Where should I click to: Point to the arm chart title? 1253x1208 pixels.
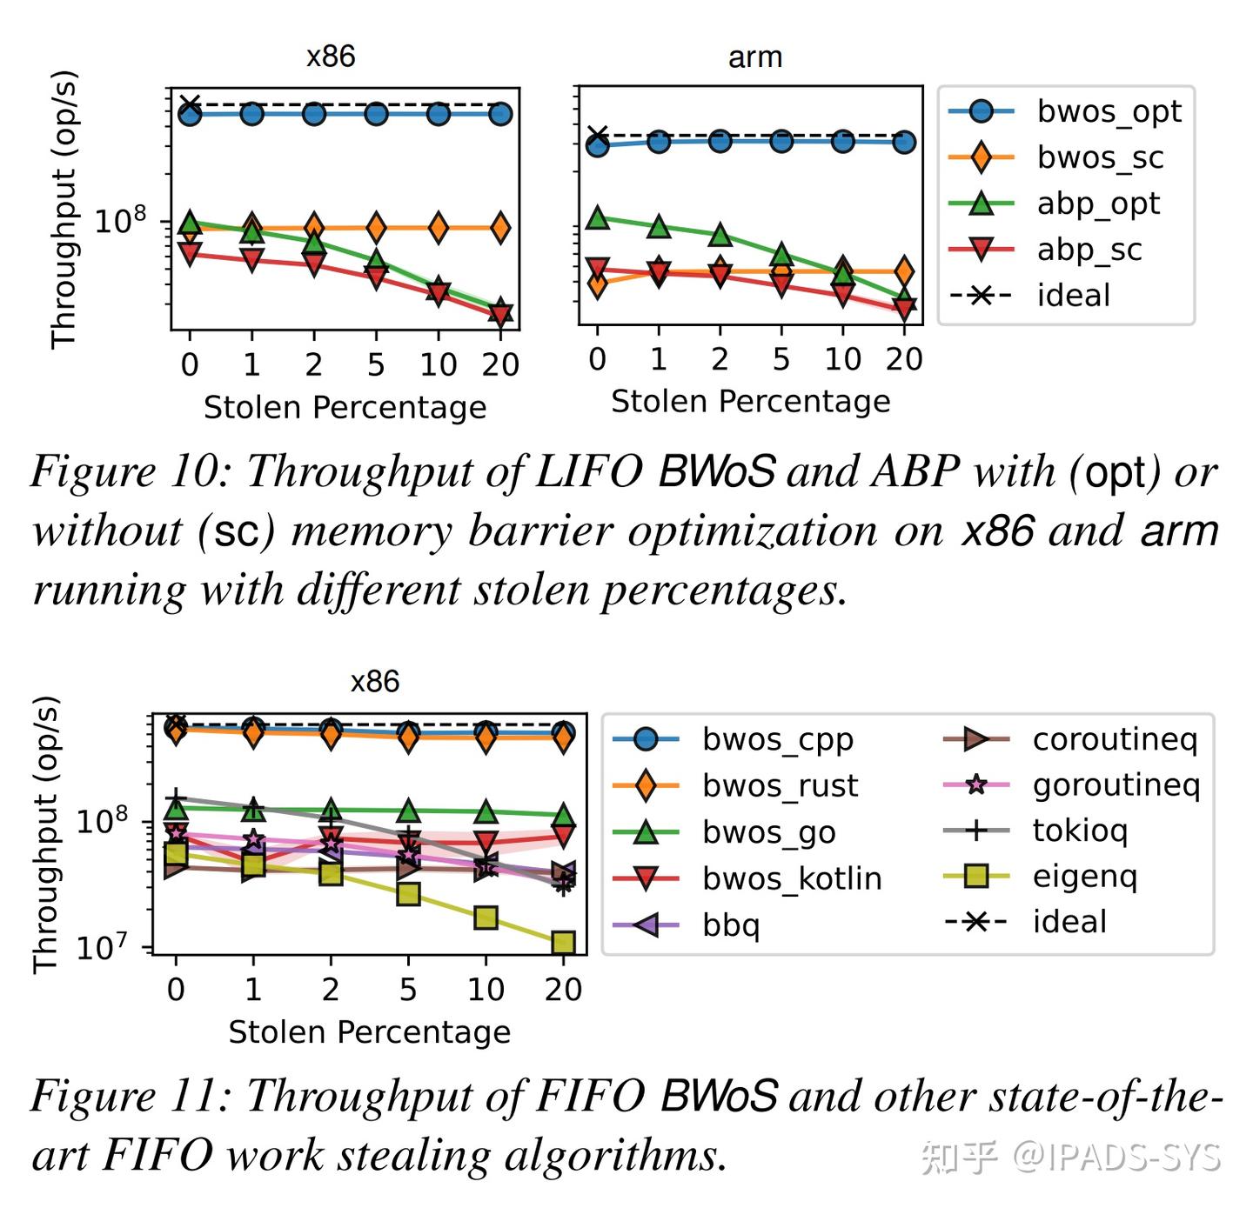click(x=754, y=57)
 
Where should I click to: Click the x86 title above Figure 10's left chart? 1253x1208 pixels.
click(x=331, y=57)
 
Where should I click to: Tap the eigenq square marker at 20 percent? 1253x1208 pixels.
click(x=563, y=943)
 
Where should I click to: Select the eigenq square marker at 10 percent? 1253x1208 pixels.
click(x=486, y=918)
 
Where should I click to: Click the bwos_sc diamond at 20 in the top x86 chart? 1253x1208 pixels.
click(x=500, y=228)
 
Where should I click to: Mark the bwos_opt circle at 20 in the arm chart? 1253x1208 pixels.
click(x=904, y=142)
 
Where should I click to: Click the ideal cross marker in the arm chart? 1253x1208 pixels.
click(x=597, y=137)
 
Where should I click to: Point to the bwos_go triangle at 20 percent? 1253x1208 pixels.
click(x=563, y=816)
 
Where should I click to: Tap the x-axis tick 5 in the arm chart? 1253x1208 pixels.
click(x=781, y=359)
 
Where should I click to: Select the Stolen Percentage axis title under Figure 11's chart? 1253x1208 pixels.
click(x=369, y=1031)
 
